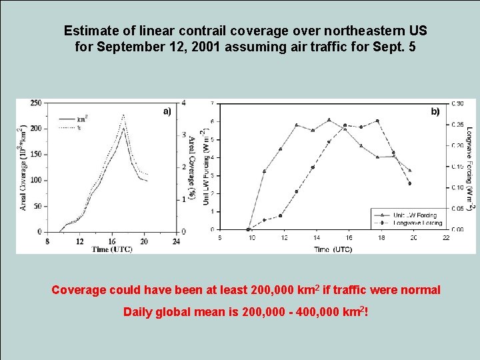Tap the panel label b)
[x=435, y=111]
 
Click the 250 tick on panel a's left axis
[x=36, y=103]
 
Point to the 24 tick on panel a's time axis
[x=176, y=241]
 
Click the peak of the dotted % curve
[x=123, y=115]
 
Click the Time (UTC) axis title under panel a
[x=111, y=249]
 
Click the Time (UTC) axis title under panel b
[x=333, y=249]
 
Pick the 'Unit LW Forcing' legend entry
[x=414, y=215]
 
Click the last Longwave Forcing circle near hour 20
[x=409, y=183]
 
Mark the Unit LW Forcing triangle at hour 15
[x=329, y=120]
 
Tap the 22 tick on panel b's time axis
[x=445, y=237]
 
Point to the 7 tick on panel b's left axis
[x=212, y=103]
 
